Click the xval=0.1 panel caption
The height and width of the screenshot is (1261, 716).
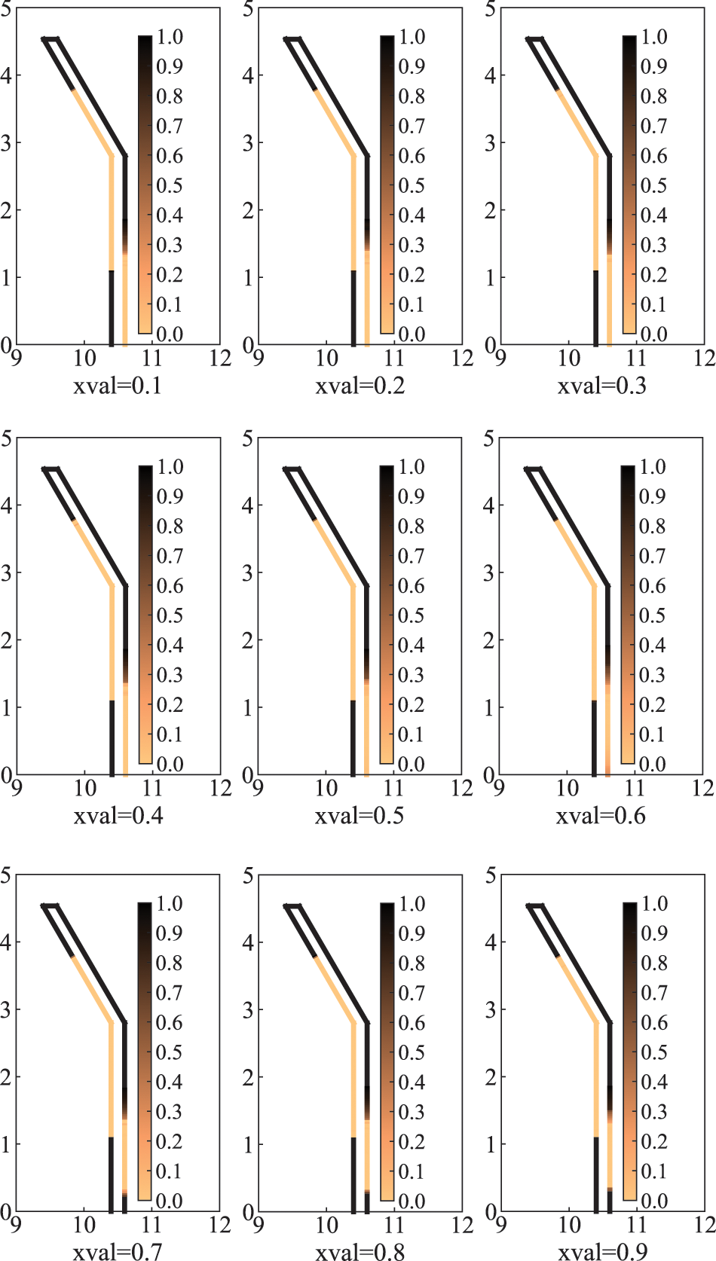(x=117, y=386)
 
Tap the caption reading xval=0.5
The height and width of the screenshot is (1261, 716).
(x=359, y=816)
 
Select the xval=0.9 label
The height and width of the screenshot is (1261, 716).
(x=601, y=1251)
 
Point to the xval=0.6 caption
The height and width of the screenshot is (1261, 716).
(x=601, y=816)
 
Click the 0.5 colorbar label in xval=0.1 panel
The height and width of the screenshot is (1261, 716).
(x=170, y=185)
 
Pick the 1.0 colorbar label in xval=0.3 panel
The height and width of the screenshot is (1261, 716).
(x=653, y=37)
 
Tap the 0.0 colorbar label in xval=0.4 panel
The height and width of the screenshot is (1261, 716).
(x=170, y=765)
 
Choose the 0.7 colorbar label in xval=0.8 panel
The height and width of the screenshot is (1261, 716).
(x=412, y=993)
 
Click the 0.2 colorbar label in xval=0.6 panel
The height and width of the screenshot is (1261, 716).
(x=652, y=705)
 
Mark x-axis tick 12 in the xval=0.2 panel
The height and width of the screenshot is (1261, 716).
(x=462, y=359)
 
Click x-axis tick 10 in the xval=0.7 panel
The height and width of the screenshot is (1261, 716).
(x=84, y=1225)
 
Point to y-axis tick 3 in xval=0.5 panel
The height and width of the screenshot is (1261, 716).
(x=248, y=572)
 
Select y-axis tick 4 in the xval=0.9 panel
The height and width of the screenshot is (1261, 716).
(x=491, y=942)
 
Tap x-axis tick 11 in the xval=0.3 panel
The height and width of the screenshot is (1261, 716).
(x=637, y=359)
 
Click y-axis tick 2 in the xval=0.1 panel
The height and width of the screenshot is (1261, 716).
(x=6, y=210)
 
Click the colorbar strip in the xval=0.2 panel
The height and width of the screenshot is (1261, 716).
(x=387, y=185)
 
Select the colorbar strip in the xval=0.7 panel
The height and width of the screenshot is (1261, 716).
(x=145, y=1051)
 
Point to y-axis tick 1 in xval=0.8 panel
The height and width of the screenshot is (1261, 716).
(x=248, y=1144)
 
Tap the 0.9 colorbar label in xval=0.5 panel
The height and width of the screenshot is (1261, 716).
(x=411, y=496)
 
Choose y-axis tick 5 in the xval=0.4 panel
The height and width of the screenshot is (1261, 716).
(x=6, y=438)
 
